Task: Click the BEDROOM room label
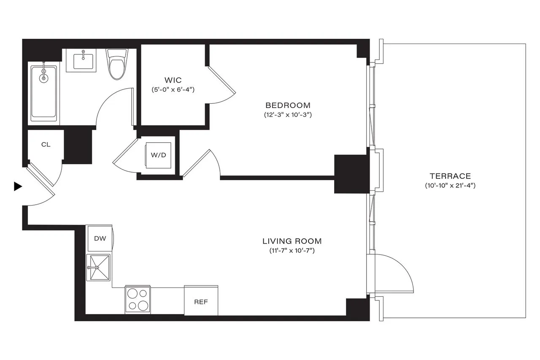288,105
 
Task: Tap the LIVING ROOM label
292,241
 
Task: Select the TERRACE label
450,176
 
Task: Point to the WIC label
173,80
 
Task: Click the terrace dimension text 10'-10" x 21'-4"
450,186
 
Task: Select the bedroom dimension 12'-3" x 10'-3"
288,115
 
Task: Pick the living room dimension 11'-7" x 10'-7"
292,251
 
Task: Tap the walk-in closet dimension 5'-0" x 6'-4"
173,89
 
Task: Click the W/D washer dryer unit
159,155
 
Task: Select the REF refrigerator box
201,301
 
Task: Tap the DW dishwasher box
100,238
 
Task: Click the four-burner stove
138,300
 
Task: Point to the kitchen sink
98,267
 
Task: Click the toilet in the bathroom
117,65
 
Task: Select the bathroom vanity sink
84,60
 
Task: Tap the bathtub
44,92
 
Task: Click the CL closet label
46,145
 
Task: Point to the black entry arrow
18,186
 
